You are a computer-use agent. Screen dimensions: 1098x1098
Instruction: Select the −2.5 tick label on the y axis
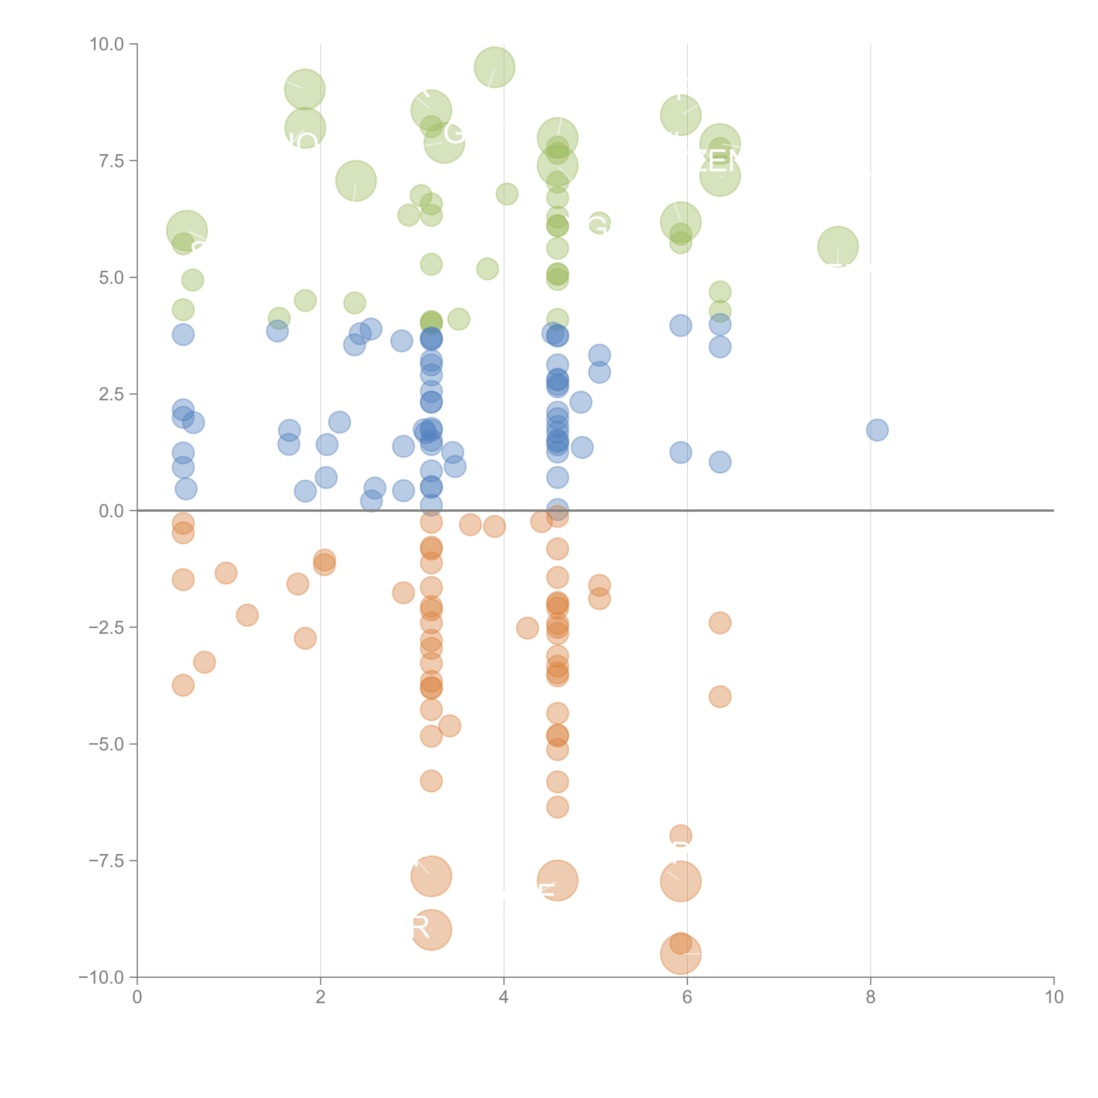click(x=106, y=627)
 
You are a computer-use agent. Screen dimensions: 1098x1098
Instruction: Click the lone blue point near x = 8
click(x=877, y=430)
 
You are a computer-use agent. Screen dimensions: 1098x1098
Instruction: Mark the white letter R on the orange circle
click(x=420, y=929)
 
